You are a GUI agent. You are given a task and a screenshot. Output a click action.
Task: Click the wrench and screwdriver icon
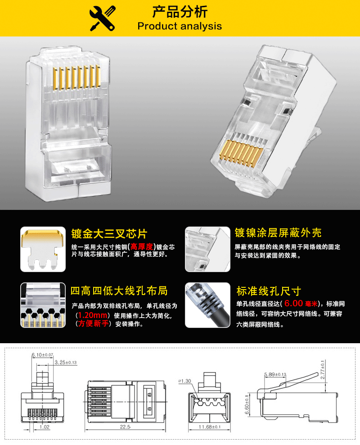click(103, 18)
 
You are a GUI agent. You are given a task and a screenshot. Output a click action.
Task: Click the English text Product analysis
click(180, 26)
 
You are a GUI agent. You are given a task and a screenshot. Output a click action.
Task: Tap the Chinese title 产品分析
click(180, 11)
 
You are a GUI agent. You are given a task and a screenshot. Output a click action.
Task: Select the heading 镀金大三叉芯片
click(109, 233)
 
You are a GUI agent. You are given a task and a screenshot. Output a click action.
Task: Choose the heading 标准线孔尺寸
click(269, 291)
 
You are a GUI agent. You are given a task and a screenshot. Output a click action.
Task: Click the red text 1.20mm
click(92, 314)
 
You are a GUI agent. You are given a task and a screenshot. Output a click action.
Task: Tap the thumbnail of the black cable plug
click(208, 305)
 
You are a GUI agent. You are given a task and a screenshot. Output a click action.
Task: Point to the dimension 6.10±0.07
click(43, 355)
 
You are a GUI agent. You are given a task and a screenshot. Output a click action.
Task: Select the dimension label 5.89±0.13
click(275, 374)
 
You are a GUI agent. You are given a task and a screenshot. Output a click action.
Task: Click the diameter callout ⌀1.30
click(184, 381)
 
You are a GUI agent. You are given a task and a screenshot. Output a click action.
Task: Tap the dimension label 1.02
click(45, 426)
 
